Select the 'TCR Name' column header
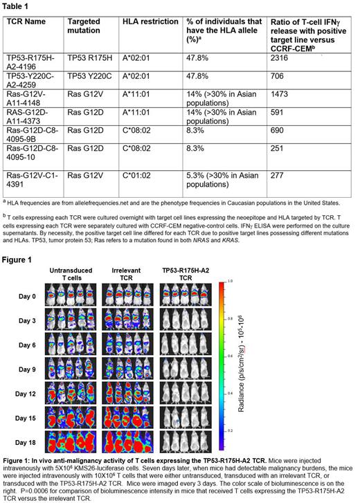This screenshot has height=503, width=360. click(x=26, y=21)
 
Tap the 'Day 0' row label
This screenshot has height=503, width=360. click(x=25, y=295)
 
